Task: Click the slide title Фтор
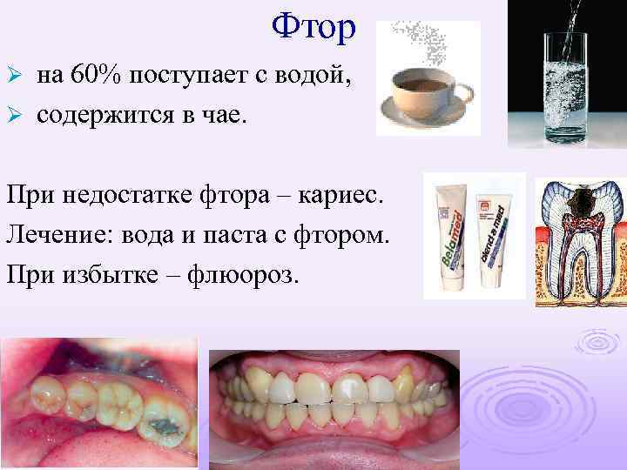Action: pos(313,28)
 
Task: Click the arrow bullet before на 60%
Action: pos(12,77)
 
